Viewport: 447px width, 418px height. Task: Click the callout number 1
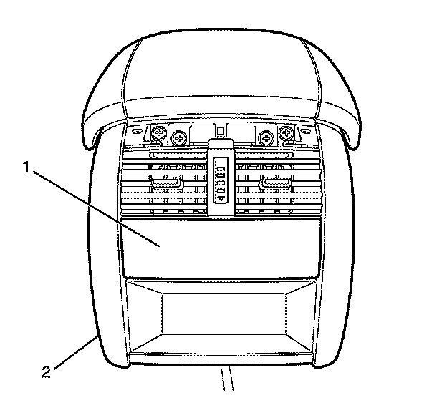[x=27, y=168]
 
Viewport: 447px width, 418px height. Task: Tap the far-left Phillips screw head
[x=158, y=133]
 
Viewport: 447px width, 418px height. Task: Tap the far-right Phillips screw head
[x=288, y=133]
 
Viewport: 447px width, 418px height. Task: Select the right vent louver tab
[x=276, y=185]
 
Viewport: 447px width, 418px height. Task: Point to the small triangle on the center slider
[x=221, y=194]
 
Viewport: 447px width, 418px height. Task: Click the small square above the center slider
[x=221, y=130]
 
